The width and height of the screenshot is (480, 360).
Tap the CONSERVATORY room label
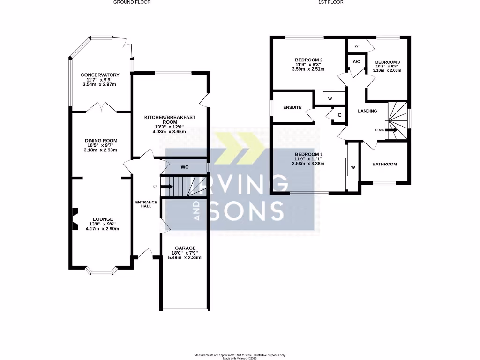[100, 75]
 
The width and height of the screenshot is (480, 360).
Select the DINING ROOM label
[101, 141]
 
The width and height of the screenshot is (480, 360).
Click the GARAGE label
[185, 248]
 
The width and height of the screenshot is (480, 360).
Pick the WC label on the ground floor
[185, 167]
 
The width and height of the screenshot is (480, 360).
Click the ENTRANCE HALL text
[143, 204]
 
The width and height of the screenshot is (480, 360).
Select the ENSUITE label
[292, 108]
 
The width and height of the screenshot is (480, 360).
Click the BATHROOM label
[384, 164]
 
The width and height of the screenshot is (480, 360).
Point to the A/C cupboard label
[356, 62]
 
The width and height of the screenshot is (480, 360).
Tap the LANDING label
[367, 111]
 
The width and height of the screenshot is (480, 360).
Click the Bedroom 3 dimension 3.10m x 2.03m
[387, 70]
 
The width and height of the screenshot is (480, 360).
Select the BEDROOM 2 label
[308, 60]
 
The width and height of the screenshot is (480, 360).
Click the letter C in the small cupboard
[339, 115]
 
